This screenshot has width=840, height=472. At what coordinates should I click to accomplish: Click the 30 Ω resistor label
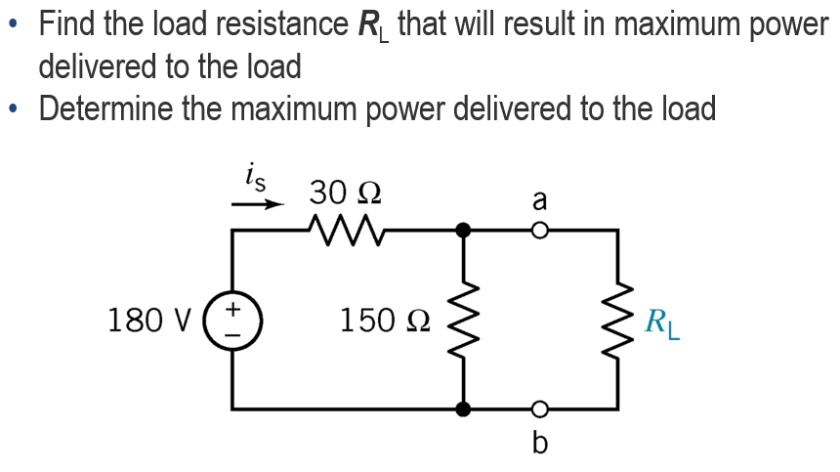pyautogui.click(x=345, y=191)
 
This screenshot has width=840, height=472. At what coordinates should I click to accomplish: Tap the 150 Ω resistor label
pyautogui.click(x=382, y=320)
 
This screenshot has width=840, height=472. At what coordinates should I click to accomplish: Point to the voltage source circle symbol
pyautogui.click(x=232, y=320)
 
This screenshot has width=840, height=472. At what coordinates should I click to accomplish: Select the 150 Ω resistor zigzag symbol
pyautogui.click(x=464, y=320)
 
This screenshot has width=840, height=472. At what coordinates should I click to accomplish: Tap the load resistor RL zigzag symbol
pyautogui.click(x=616, y=320)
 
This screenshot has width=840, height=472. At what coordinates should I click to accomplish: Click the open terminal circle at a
pyautogui.click(x=538, y=232)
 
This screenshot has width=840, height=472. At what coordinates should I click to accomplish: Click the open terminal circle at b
pyautogui.click(x=538, y=408)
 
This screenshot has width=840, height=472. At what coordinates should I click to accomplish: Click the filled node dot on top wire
pyautogui.click(x=464, y=232)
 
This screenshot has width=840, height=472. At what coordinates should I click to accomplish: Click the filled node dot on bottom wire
pyautogui.click(x=464, y=408)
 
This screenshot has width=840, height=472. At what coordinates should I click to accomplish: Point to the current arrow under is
pyautogui.click(x=257, y=205)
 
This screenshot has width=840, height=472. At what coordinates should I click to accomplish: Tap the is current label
pyautogui.click(x=257, y=179)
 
